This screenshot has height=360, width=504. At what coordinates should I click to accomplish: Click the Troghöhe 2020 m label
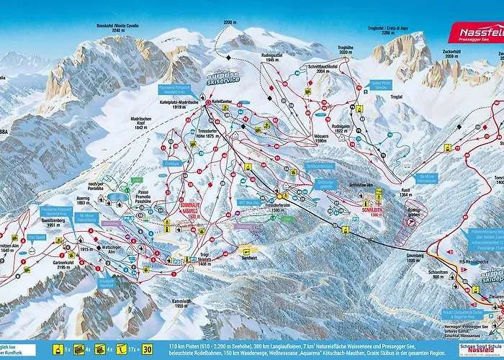click(346, 50)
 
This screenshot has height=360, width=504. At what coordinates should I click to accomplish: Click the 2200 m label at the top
click(230, 23)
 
